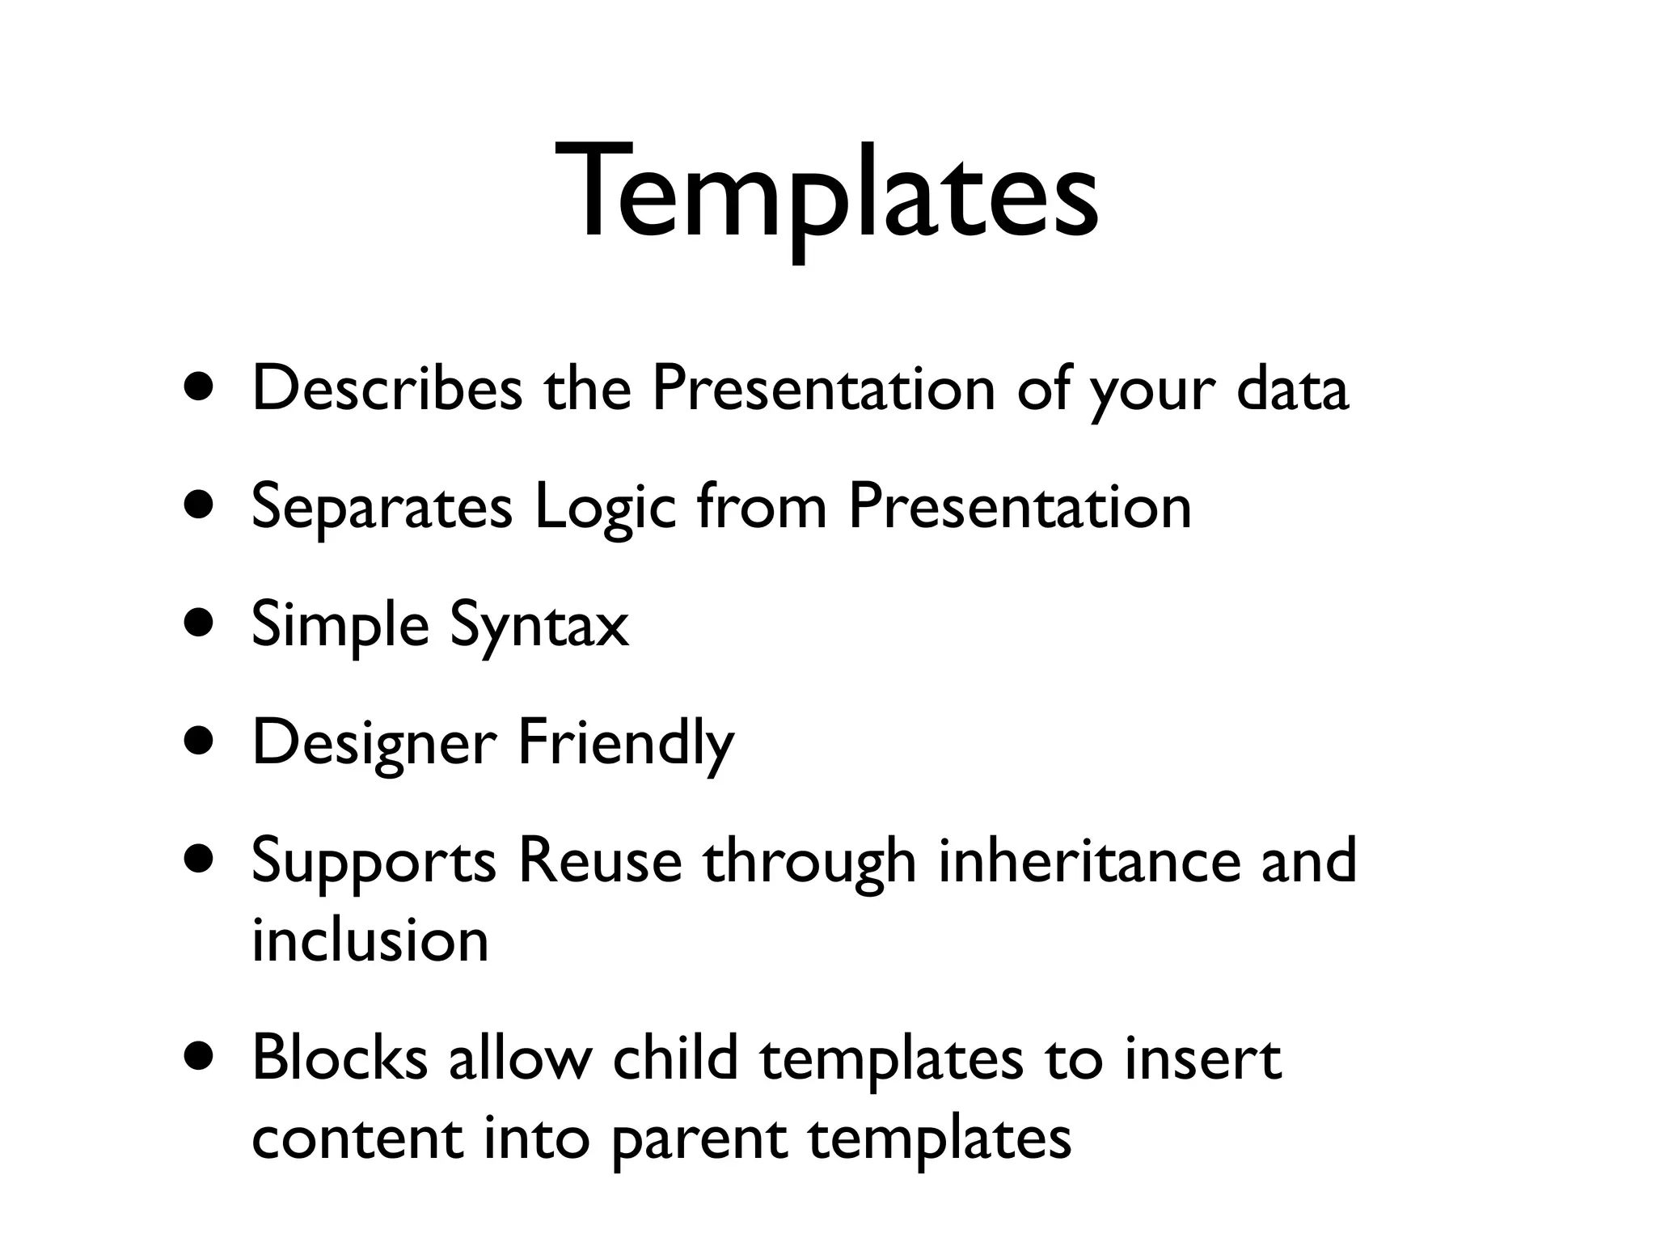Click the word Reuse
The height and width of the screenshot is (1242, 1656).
pyautogui.click(x=600, y=861)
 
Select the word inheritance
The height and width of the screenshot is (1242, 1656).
pyautogui.click(x=1088, y=861)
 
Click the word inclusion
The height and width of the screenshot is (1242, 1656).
pyautogui.click(x=370, y=940)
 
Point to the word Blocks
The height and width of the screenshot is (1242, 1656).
pyautogui.click(x=340, y=1058)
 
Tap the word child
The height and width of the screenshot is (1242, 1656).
pyautogui.click(x=676, y=1058)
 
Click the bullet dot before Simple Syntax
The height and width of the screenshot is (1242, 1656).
pyautogui.click(x=199, y=624)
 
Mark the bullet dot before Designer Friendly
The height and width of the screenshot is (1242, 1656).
pyautogui.click(x=199, y=741)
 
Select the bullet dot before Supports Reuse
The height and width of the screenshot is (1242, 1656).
pyautogui.click(x=199, y=860)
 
